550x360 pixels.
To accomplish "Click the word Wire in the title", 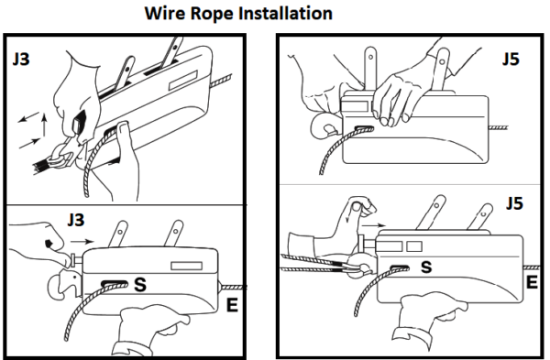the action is pos(164,14).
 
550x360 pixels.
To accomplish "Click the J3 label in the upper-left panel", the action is pos(21,60).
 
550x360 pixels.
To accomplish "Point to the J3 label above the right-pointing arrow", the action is pos(76,220).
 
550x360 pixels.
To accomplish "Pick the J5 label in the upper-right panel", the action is pos(511,59).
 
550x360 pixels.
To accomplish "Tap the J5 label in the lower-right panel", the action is pos(514,203).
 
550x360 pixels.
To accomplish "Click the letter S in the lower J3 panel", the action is pos(140,284).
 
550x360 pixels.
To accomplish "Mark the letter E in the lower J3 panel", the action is pos(232,305).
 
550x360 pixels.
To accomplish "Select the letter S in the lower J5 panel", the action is pos(426,267).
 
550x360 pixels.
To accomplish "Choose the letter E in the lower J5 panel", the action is pos(532,282).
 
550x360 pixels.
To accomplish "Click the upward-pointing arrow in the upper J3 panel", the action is pos(44,125).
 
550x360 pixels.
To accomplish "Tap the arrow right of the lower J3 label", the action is pos(82,241).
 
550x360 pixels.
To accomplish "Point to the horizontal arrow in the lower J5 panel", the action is pos(374,225).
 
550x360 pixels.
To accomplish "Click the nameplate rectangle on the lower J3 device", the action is pos(187,266).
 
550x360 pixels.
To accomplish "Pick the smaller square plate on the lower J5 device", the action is pos(414,246).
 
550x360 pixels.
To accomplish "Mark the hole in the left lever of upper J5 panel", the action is pos(370,56).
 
